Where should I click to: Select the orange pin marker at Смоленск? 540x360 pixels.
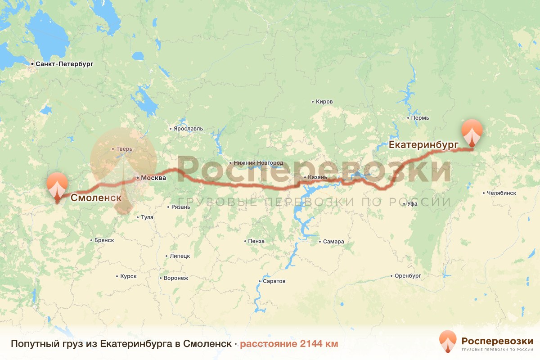pos(57,184)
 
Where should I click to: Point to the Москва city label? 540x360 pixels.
pos(153,178)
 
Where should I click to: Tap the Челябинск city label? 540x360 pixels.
pos(501,193)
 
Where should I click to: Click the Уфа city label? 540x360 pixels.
pos(412,204)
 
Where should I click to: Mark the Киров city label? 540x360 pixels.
pos(324,102)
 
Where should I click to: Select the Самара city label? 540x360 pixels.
pos(333,242)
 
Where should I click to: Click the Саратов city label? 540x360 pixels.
pos(274,281)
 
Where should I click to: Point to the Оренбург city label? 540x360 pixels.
pos(408,275)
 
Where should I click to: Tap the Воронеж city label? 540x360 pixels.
pos(176,278)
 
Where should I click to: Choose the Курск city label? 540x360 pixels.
pos(128,276)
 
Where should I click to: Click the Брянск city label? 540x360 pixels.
pos(104,240)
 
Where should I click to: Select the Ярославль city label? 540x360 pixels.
pos(188,129)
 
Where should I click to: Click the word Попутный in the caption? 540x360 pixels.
pos(32,344)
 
